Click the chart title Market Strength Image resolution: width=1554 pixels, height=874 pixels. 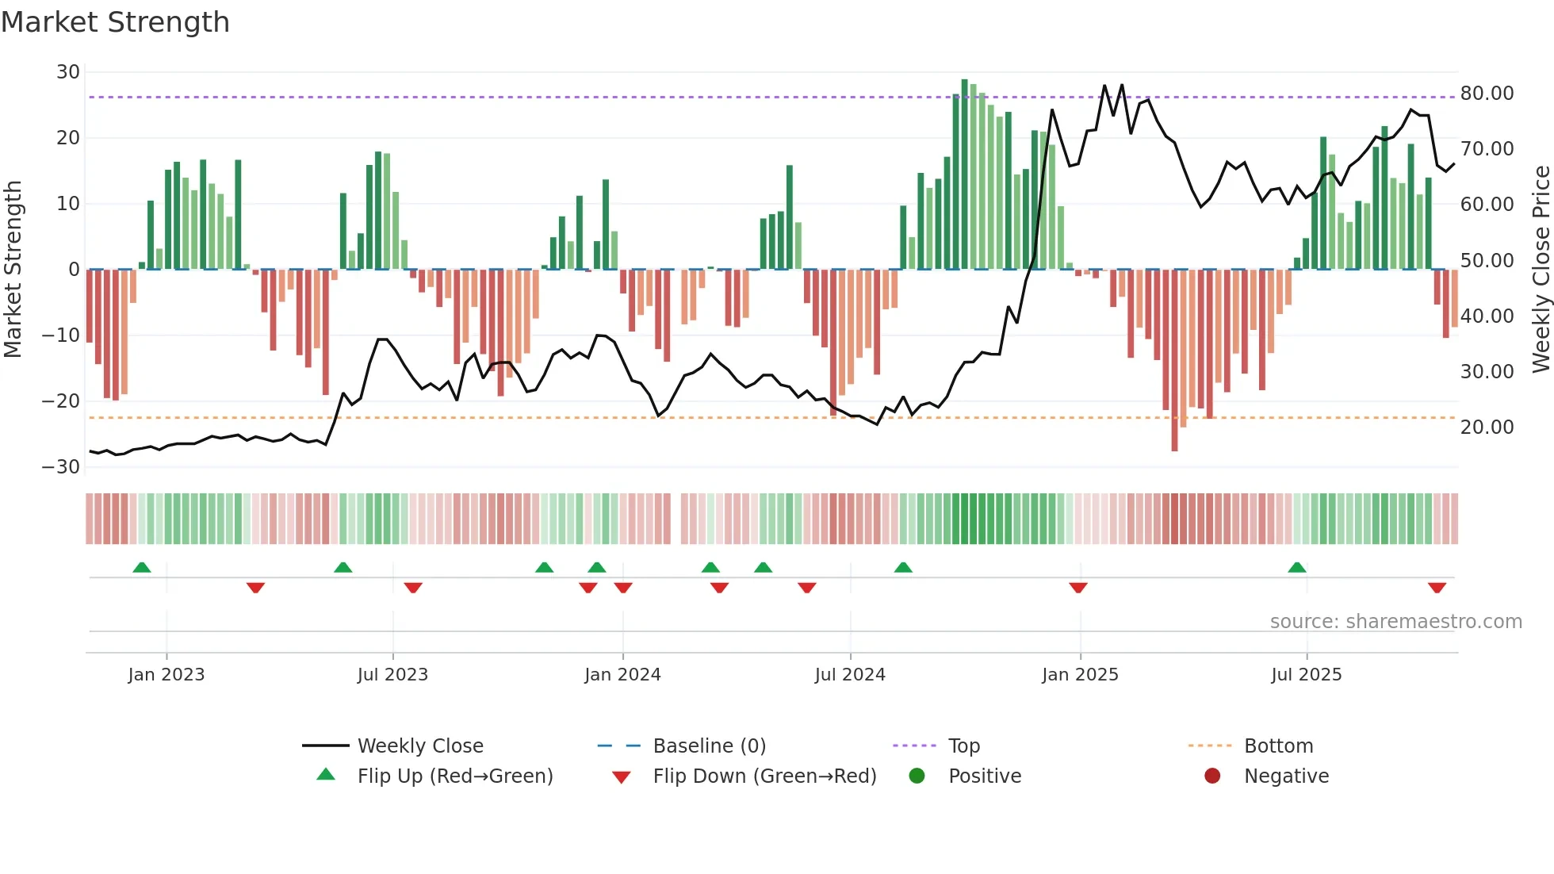coord(115,22)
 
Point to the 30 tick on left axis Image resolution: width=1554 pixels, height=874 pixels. coord(68,72)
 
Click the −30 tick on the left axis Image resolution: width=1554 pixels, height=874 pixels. coord(61,467)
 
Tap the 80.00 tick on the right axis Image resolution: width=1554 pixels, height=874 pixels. coord(1487,94)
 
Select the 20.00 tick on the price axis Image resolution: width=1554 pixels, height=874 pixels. coord(1487,427)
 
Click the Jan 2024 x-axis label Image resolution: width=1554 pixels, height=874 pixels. coord(622,675)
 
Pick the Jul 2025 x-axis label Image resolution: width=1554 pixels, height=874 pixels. coord(1306,675)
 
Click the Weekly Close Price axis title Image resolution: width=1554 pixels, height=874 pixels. coord(1541,270)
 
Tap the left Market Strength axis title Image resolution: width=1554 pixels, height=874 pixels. coord(13,270)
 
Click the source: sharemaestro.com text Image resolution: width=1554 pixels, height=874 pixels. coord(1395,622)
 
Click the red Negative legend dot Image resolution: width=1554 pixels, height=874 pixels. coord(1212,776)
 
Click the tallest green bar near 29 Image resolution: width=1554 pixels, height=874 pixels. coord(965,174)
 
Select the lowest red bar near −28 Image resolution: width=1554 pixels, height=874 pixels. coord(1174,361)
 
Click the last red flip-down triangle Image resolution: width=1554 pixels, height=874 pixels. coord(1437,588)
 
